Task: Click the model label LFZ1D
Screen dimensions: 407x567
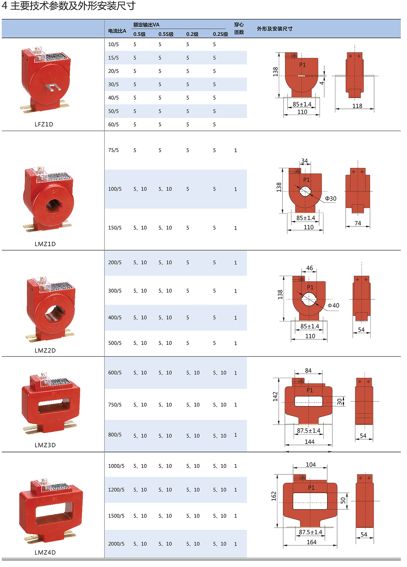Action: click(x=44, y=124)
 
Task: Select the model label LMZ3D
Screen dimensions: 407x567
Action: click(x=45, y=445)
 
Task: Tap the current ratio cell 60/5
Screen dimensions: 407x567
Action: click(x=113, y=124)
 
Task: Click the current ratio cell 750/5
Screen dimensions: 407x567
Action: click(x=115, y=405)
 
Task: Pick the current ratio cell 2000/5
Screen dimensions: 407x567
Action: click(x=116, y=544)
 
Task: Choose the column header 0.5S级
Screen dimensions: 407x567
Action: click(x=166, y=34)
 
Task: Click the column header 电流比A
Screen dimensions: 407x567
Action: click(x=117, y=31)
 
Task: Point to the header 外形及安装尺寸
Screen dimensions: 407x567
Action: click(x=275, y=28)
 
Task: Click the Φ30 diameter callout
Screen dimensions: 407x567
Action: click(x=331, y=198)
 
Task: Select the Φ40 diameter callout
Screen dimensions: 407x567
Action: click(x=334, y=306)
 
